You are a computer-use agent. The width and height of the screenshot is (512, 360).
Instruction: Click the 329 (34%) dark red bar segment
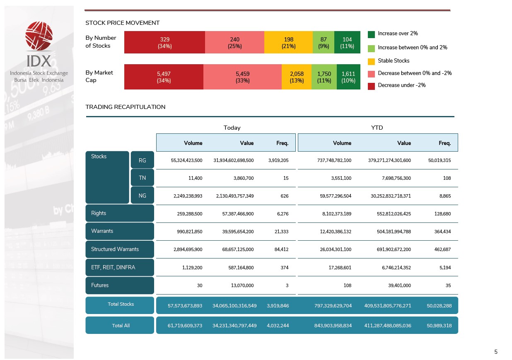[164, 42]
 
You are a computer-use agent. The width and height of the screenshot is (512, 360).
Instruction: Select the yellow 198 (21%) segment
[288, 42]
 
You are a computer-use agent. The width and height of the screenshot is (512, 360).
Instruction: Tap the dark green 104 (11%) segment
[347, 42]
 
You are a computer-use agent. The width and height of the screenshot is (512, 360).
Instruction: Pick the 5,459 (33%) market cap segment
[242, 77]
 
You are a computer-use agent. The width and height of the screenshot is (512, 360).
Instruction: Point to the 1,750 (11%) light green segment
[324, 77]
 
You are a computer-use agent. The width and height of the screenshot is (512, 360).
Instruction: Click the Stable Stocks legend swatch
[371, 61]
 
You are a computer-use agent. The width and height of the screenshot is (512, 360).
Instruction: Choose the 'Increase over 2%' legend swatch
[371, 34]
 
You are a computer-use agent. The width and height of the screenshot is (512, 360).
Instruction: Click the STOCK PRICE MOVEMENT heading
[122, 23]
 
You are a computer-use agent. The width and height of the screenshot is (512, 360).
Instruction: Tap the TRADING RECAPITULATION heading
[125, 107]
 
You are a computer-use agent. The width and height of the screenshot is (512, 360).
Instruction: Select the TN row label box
[142, 178]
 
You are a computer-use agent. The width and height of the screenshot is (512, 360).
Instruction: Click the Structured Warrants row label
[120, 249]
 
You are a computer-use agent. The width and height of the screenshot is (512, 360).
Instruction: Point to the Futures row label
[120, 285]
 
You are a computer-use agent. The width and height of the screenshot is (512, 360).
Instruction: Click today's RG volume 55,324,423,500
[186, 160]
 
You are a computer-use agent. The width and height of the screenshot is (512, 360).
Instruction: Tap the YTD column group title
[377, 128]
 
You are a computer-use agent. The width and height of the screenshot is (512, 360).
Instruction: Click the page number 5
[496, 352]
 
